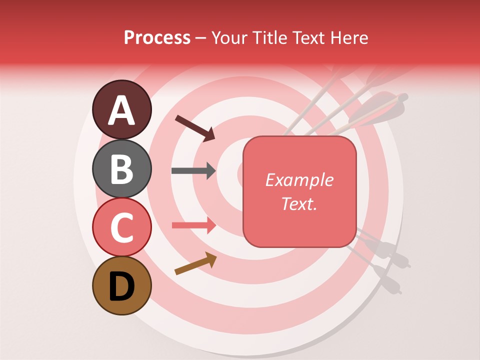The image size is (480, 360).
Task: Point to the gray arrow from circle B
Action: (x=193, y=171)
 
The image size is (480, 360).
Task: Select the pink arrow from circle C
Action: (x=193, y=225)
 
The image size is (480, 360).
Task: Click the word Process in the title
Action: (x=157, y=37)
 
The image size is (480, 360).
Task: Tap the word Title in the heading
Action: (x=269, y=37)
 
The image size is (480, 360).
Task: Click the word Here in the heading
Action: (x=349, y=37)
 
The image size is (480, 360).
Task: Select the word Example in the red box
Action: (x=299, y=180)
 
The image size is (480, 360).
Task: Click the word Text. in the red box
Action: (x=299, y=203)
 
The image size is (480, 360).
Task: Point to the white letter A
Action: (x=121, y=110)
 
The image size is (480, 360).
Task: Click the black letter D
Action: (x=121, y=286)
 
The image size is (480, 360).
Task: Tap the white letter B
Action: (x=121, y=168)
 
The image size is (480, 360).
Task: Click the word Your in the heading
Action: (x=229, y=37)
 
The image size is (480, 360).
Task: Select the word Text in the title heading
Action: (x=309, y=37)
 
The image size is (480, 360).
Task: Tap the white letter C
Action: (x=121, y=228)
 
